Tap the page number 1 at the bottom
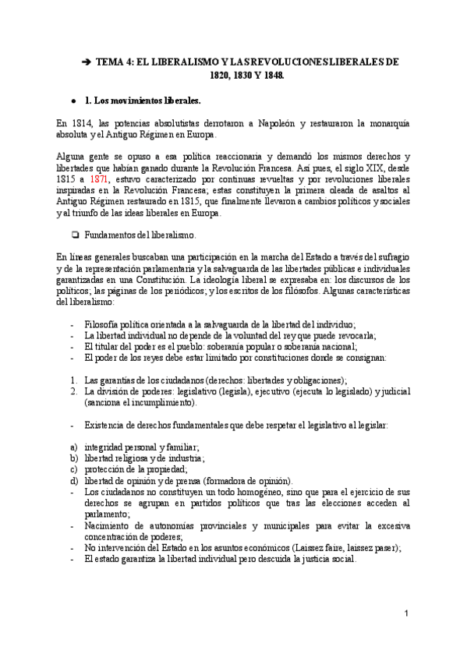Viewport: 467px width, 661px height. pos(407,614)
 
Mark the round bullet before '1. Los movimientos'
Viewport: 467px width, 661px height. pos(73,101)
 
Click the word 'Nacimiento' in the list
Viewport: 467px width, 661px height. pos(109,526)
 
